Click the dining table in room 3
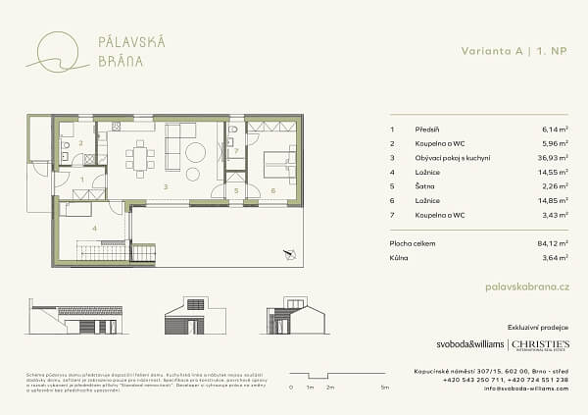pyautogui.click(x=140, y=158)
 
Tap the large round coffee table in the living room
pyautogui.click(x=195, y=152)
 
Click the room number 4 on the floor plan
pyautogui.click(x=94, y=228)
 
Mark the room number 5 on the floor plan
pyautogui.click(x=236, y=190)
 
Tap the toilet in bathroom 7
pyautogui.click(x=235, y=131)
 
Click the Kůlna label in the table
pyautogui.click(x=399, y=258)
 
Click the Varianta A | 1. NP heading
pyautogui.click(x=516, y=50)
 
